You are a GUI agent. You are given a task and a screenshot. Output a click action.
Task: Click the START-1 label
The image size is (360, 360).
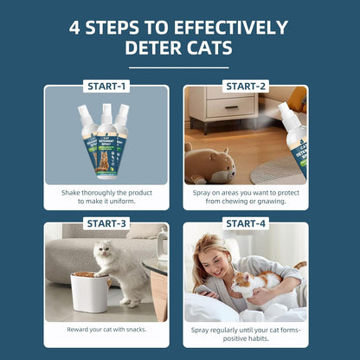pos(106,87)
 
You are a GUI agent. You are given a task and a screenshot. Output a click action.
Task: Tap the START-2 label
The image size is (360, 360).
pos(246,87)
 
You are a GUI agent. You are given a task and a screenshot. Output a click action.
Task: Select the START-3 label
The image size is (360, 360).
pos(106,223)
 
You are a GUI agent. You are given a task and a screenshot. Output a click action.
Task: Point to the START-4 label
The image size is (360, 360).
pos(246,223)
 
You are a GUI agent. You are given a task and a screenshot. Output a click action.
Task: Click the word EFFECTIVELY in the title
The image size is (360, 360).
pos(231,28)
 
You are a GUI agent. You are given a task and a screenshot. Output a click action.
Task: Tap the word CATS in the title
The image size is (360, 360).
pos(209,48)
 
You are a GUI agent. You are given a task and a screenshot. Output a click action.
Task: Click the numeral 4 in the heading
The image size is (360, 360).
pos(74,28)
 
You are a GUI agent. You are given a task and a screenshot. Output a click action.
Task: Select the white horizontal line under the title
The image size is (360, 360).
pos(179,67)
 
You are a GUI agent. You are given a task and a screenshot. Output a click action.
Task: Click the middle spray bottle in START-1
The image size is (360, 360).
pos(106,141)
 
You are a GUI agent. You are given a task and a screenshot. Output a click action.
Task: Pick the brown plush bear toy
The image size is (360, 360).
pos(209,164)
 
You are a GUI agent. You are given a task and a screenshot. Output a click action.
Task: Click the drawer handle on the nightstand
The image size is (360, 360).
pos(232,107)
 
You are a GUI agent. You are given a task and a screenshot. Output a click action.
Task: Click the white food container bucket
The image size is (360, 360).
pos(90,292)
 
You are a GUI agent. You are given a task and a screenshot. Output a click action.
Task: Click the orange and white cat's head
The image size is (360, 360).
pos(241,282)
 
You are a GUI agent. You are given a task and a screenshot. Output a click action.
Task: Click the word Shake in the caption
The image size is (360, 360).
pos(71,193)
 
